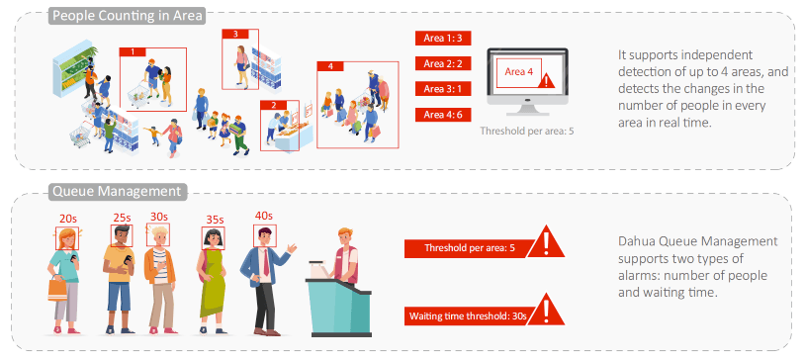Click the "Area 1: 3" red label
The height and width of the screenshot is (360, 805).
click(443, 38)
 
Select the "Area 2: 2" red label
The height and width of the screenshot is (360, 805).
click(443, 63)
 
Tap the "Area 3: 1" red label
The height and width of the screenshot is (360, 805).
click(443, 89)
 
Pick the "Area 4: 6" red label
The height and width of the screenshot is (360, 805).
click(443, 115)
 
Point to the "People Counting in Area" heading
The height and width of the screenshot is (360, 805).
click(129, 16)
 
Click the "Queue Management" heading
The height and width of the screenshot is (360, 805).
click(118, 192)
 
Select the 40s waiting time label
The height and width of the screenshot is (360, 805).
click(263, 216)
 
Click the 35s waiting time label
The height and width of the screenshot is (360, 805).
click(215, 220)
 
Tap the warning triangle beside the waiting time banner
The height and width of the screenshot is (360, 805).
click(546, 311)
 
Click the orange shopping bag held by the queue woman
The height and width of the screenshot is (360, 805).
click(57, 288)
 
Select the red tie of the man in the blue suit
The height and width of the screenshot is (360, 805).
click(266, 262)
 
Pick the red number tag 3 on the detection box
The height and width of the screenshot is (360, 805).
click(235, 34)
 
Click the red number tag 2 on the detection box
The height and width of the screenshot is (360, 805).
click(273, 105)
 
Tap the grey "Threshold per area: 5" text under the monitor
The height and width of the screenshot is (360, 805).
click(527, 131)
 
